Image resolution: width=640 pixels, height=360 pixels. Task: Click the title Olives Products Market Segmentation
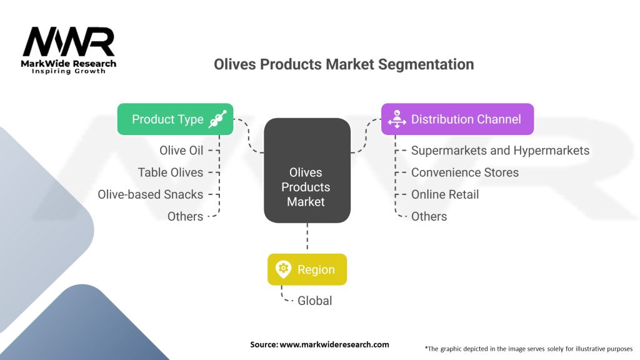coord(344,64)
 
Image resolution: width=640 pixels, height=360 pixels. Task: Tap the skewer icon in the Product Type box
coord(217,119)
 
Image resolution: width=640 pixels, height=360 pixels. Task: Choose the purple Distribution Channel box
coord(457,119)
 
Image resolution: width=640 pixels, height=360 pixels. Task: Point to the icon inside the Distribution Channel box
coord(396,119)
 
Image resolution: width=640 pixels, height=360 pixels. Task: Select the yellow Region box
coord(307,270)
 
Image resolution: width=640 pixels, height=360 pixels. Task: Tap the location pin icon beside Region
coord(283,270)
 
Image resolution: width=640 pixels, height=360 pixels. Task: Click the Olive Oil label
coord(181,151)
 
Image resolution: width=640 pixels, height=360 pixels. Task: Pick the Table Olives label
coord(171,172)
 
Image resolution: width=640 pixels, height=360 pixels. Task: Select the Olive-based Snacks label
coord(151,194)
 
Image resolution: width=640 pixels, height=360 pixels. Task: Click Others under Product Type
coord(185,216)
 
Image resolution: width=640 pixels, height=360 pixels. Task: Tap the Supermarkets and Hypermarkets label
coord(500,151)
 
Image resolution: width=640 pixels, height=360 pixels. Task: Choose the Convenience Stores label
coord(465,172)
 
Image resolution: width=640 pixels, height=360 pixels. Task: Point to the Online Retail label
coord(445,194)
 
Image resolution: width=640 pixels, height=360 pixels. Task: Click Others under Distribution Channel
coord(429,216)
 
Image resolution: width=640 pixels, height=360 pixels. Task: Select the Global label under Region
coord(314,301)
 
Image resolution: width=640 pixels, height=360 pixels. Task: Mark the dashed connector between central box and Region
coord(306,238)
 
